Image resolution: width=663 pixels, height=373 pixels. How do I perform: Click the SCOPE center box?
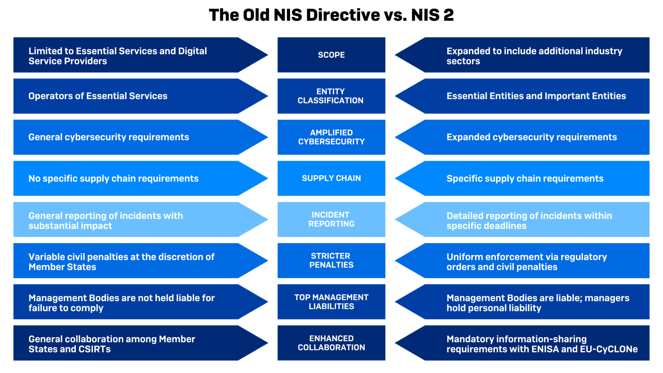click(331, 55)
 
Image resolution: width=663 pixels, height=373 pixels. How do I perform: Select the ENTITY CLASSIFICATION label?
click(331, 96)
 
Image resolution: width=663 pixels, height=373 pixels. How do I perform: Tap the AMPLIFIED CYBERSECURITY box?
click(331, 137)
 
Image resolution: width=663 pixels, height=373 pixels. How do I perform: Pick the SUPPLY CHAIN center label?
click(331, 178)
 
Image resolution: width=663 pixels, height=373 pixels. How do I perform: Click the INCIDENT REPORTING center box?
click(331, 219)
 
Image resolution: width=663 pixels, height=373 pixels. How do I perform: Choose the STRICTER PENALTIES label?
click(331, 261)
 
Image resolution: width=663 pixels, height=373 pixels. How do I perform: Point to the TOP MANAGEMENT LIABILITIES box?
click(331, 302)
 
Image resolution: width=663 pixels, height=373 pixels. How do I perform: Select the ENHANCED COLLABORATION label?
click(331, 343)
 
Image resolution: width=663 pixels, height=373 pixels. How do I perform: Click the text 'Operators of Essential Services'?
click(98, 96)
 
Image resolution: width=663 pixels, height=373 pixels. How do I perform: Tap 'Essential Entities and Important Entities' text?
click(536, 96)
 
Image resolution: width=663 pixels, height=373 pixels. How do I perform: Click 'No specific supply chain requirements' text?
click(113, 179)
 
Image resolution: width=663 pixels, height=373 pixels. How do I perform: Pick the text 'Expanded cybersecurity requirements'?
click(531, 137)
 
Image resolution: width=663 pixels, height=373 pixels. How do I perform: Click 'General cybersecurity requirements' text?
click(109, 137)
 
